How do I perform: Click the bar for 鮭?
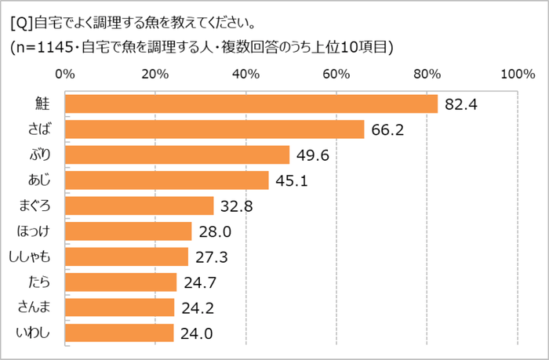[x=251, y=104]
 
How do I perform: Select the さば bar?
[x=215, y=129]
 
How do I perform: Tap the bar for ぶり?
[x=177, y=155]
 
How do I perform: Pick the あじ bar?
[x=167, y=180]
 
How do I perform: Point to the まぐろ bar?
[x=140, y=205]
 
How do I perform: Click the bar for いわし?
[x=119, y=333]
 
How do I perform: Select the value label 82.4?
[x=460, y=104]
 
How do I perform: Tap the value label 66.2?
[x=387, y=129]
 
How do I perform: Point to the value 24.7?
[x=200, y=282]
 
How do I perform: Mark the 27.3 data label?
[x=211, y=256]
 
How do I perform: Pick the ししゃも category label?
[x=33, y=256]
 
